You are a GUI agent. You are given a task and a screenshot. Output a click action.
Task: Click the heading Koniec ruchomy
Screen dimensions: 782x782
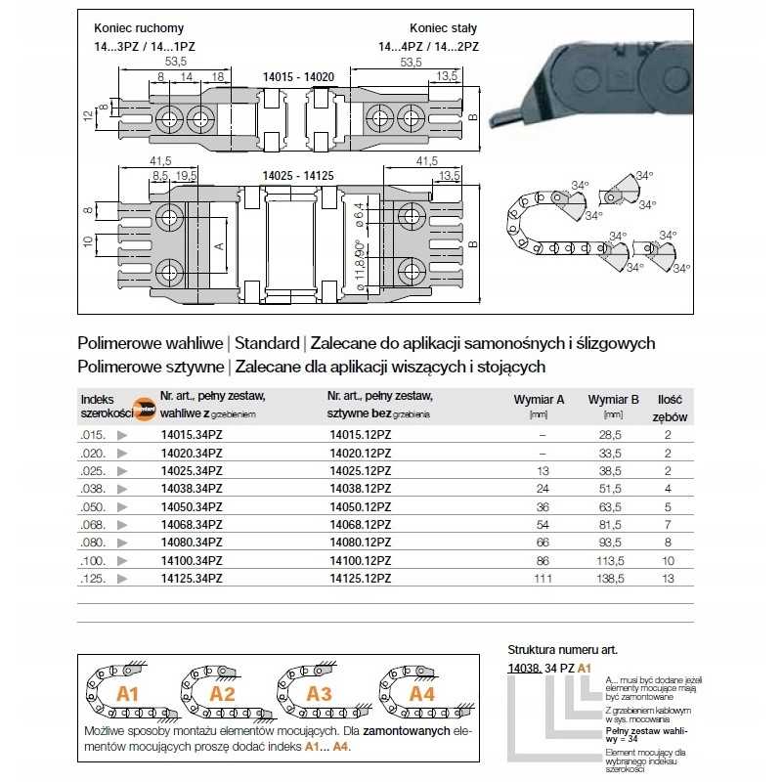138,28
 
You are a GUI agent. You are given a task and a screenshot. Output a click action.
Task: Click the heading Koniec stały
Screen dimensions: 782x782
436,28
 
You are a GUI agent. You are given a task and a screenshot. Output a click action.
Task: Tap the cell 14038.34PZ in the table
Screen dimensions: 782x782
191,489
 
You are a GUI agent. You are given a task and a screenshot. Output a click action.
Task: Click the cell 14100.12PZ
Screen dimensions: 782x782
361,560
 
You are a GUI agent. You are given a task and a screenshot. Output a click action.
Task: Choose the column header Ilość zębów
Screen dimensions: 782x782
671,406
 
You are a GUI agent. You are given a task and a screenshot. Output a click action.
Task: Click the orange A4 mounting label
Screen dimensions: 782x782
420,694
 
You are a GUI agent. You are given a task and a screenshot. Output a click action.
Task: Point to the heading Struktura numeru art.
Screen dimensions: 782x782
562,649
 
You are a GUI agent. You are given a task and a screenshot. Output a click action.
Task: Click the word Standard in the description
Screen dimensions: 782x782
266,344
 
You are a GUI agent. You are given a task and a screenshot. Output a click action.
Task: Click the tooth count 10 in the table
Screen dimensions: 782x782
669,560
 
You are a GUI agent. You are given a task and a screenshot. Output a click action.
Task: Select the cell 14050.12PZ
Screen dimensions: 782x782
361,506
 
